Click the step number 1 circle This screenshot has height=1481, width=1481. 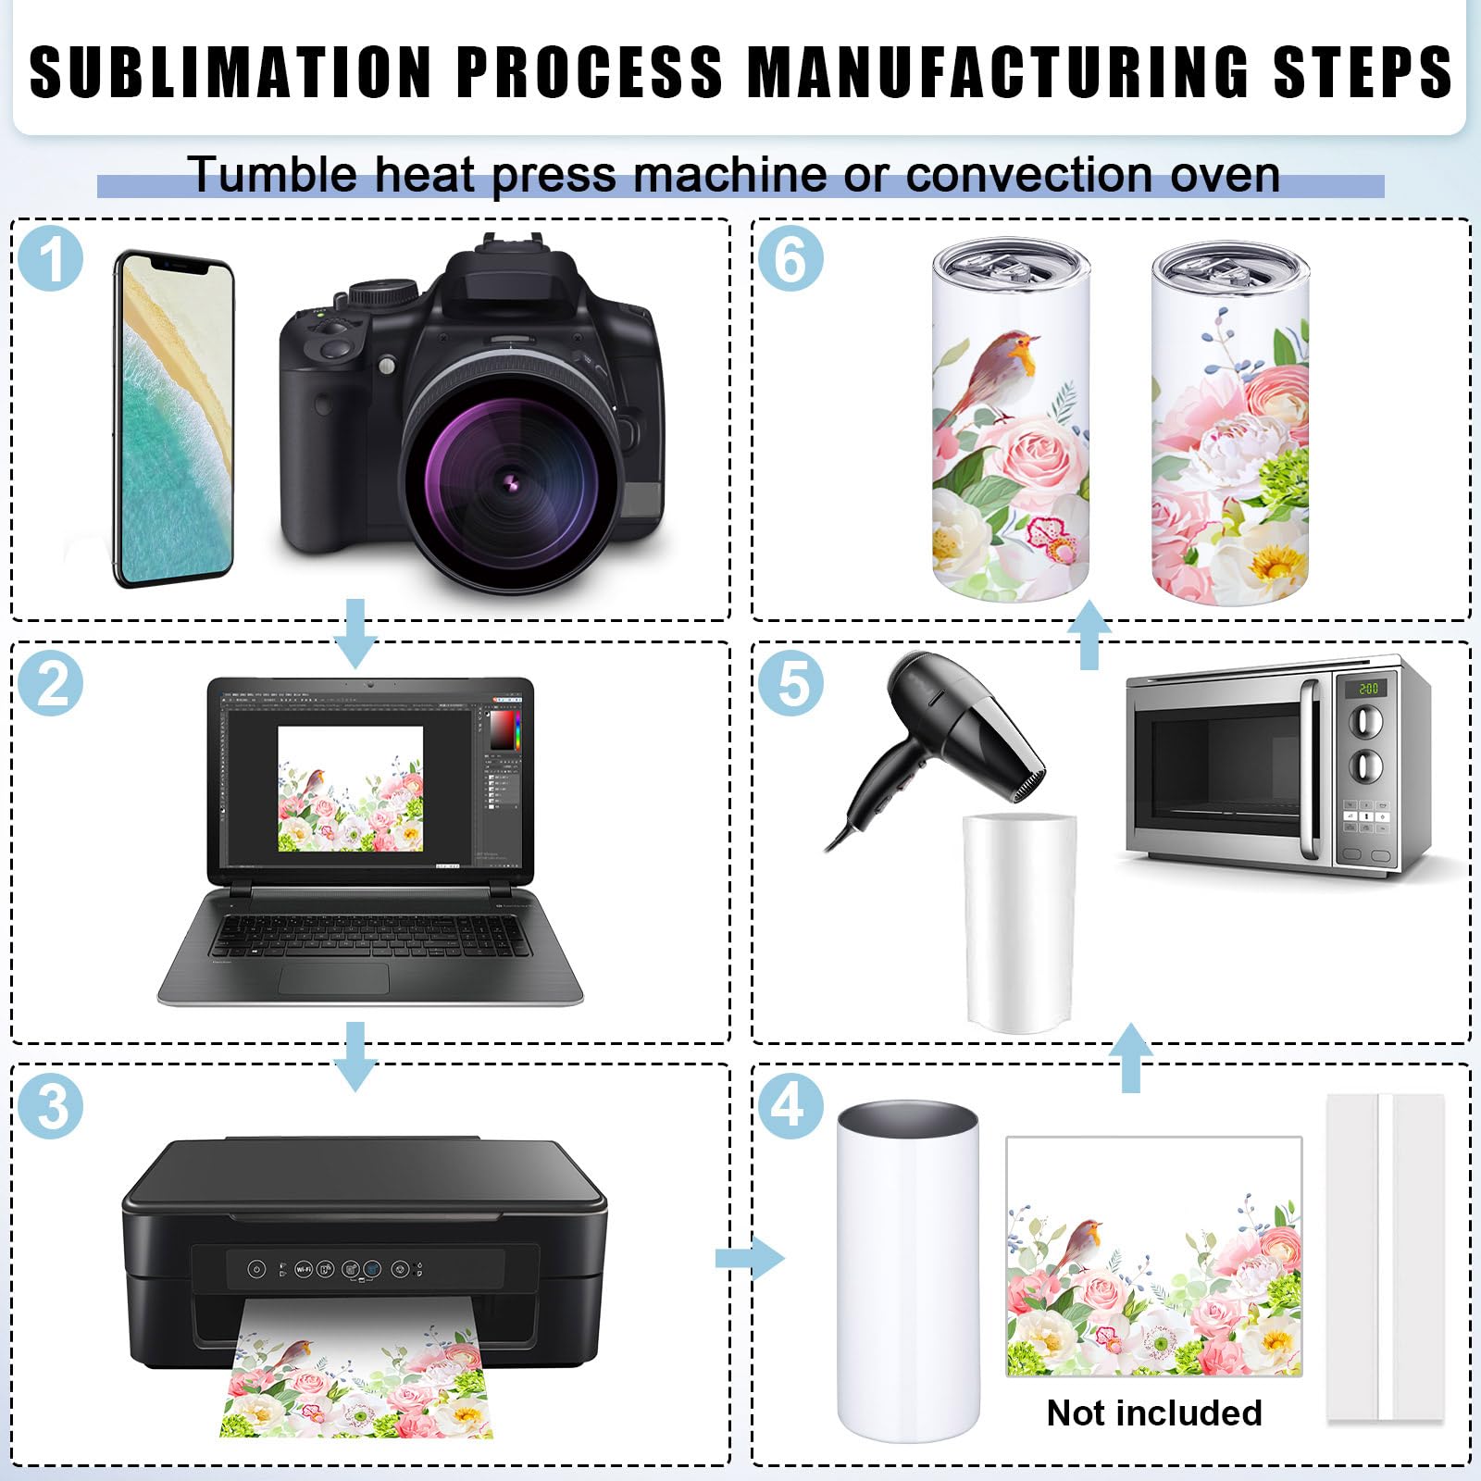pos(51,258)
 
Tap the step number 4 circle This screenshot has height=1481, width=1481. pos(790,1105)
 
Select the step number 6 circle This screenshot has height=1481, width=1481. pos(790,258)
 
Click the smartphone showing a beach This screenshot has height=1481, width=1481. pos(174,419)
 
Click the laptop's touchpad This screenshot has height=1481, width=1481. pos(334,978)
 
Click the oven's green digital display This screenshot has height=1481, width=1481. pos(1368,689)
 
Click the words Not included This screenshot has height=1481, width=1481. pos(1154,1413)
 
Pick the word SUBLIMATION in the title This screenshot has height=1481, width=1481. pos(231,71)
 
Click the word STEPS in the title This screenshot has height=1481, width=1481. pos(1363,71)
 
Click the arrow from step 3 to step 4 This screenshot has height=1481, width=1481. pos(750,1258)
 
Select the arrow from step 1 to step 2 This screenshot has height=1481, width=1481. pos(355,633)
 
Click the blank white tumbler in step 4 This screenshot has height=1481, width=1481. pos(908,1270)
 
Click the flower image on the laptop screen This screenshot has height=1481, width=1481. pos(351,789)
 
